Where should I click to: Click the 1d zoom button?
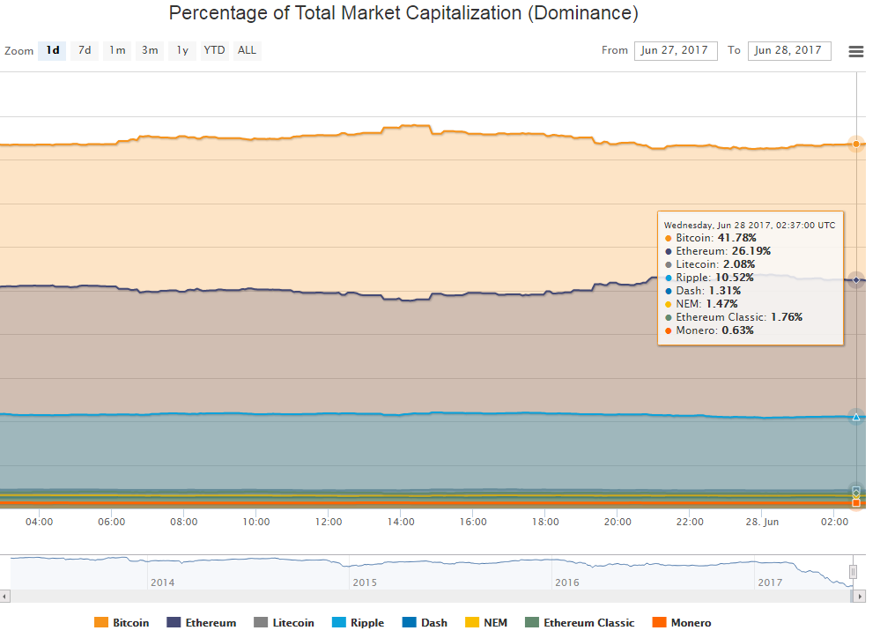(53, 50)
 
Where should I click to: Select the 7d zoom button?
(85, 50)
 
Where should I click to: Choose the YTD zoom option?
(214, 50)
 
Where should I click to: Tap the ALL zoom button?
(247, 50)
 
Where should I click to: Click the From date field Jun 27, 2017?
(675, 50)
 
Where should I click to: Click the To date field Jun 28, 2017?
(788, 50)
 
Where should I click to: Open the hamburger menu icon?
(855, 51)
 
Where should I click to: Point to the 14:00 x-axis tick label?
(401, 522)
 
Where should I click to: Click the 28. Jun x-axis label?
(761, 522)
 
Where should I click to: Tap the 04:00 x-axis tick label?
(39, 522)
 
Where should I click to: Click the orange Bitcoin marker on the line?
(855, 144)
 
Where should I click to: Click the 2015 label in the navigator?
(363, 582)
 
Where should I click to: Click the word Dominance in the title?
(582, 14)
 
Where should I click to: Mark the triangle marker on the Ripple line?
(855, 417)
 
